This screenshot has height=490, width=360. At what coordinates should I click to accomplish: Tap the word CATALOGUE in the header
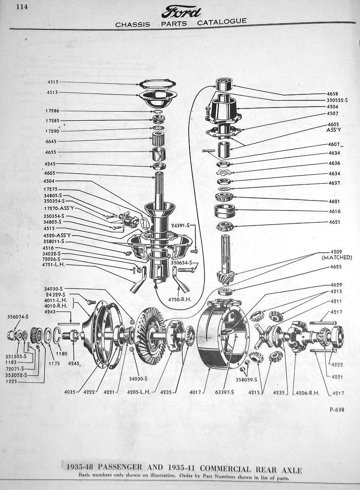pyautogui.click(x=222, y=21)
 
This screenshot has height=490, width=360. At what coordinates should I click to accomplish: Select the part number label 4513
pyautogui.click(x=53, y=93)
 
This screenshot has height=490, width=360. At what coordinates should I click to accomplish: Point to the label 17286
pyautogui.click(x=53, y=111)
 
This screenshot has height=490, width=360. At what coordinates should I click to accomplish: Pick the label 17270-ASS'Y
pyautogui.click(x=58, y=208)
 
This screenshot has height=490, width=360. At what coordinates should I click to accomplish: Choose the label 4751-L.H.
pyautogui.click(x=55, y=265)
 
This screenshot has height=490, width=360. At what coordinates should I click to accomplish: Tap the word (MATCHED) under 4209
pyautogui.click(x=337, y=257)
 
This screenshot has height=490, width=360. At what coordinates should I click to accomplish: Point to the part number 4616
pyautogui.click(x=335, y=211)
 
